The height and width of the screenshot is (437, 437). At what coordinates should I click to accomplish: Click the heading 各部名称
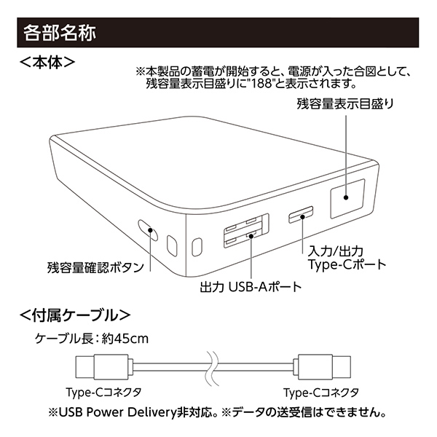coord(60,33)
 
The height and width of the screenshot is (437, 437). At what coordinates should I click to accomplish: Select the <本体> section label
coord(47,63)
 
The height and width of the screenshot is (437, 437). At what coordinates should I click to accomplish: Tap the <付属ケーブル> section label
coord(75,315)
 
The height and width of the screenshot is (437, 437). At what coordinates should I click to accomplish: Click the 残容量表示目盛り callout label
coord(345,104)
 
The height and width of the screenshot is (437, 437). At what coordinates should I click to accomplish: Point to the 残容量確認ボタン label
coord(95,267)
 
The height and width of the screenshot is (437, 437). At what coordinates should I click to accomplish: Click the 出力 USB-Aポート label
coord(251,287)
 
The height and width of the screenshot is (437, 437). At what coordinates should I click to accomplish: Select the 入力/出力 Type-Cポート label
coord(347,258)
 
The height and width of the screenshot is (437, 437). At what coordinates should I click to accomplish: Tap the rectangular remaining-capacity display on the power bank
coord(347,198)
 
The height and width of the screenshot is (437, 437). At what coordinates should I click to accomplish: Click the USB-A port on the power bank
coord(246,231)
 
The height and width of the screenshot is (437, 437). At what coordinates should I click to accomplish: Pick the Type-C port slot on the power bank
coord(301,215)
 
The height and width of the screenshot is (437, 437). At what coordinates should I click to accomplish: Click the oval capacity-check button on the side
coord(148,230)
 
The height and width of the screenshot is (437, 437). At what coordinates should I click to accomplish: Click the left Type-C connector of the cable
coord(103,367)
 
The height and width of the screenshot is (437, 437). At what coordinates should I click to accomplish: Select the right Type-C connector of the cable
coord(322,367)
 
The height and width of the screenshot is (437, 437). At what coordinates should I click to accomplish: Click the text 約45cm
coord(125,339)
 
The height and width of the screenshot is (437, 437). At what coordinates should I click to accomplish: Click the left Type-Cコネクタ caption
coord(103,393)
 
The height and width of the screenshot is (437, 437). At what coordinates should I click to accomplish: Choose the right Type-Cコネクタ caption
coord(322,393)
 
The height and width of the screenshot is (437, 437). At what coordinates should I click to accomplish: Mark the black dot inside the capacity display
coord(346,197)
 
